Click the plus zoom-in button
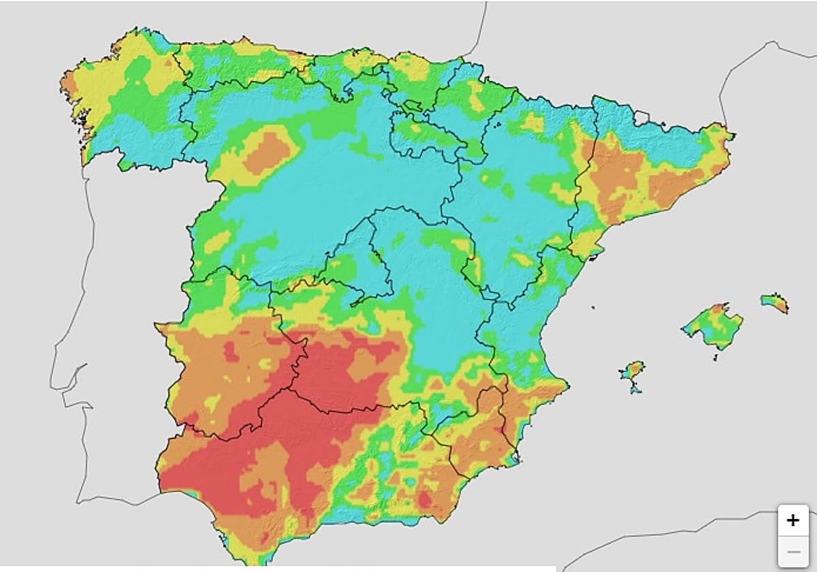[x=793, y=521]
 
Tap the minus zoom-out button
[x=793, y=552]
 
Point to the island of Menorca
[x=775, y=302]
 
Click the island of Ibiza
[x=632, y=370]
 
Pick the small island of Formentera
[x=636, y=389]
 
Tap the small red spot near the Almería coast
[x=425, y=500]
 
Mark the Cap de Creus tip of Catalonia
[x=733, y=135]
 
